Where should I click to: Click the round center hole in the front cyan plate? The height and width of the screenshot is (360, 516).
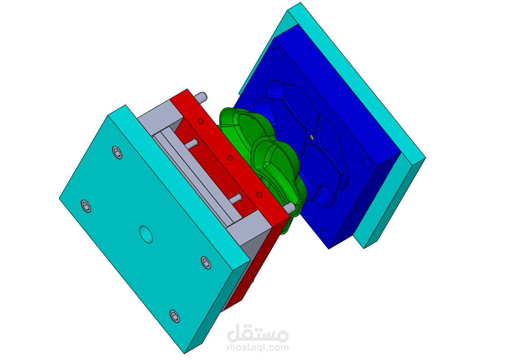[146, 234]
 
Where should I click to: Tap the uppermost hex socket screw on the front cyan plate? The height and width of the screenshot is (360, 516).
[117, 152]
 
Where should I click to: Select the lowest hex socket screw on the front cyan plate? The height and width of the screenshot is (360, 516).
[175, 316]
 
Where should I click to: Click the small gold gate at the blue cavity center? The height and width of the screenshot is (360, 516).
[312, 136]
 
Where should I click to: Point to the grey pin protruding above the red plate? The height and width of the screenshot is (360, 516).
[200, 97]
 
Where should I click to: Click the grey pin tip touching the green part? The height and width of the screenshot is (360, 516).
[289, 208]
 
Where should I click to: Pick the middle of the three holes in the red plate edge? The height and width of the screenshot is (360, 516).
[230, 158]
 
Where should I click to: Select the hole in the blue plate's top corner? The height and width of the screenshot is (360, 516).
[278, 53]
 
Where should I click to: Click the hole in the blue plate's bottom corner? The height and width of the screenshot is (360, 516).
[325, 234]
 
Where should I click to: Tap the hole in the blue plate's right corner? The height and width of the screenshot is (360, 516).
[367, 163]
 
